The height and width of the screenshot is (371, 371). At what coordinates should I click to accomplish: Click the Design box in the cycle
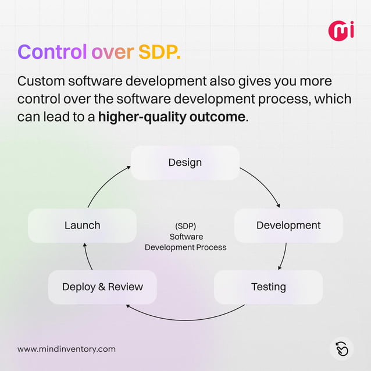(x=185, y=162)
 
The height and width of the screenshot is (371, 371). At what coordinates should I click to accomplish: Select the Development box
(x=288, y=225)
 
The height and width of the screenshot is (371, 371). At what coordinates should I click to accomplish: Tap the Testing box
(x=268, y=287)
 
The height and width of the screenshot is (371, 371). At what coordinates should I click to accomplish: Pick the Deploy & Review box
(x=102, y=287)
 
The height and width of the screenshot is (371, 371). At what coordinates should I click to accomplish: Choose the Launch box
(x=82, y=225)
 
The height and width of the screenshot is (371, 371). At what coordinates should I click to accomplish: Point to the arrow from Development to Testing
(x=284, y=256)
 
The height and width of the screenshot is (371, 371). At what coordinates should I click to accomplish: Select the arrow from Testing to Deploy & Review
(x=185, y=317)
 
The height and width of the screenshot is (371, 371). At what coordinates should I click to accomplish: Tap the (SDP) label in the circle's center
(x=185, y=226)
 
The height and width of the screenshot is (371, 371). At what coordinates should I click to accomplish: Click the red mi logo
(x=341, y=30)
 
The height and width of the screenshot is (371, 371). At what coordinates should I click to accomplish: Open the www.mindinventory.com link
(x=66, y=349)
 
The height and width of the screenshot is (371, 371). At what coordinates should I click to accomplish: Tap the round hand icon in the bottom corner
(x=342, y=348)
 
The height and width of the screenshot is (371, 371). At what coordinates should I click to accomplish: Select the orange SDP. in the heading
(x=159, y=52)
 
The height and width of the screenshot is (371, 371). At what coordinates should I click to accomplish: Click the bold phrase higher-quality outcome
(x=172, y=116)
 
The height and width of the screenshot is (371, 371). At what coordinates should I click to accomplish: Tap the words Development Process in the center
(x=185, y=247)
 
